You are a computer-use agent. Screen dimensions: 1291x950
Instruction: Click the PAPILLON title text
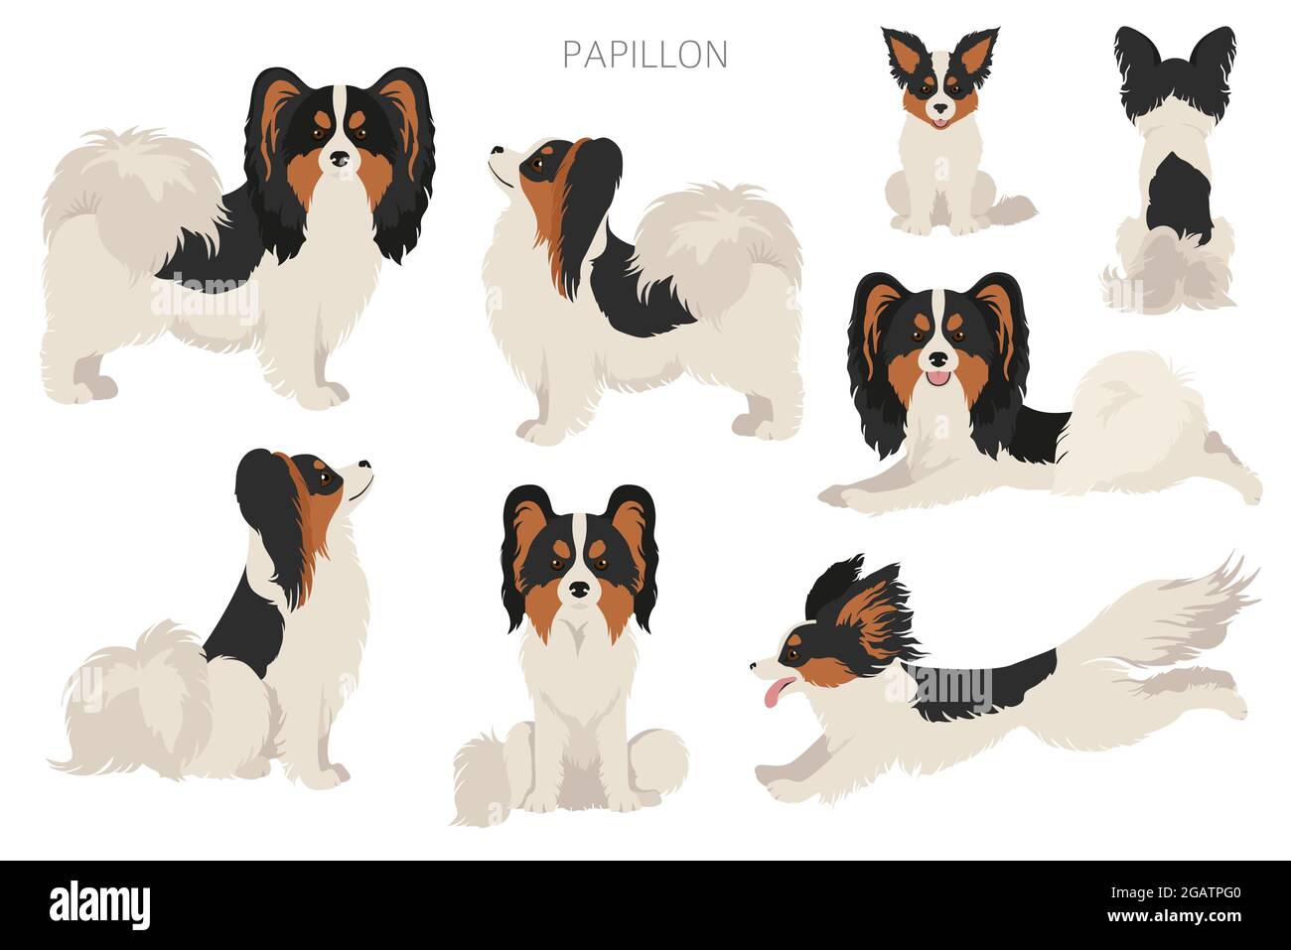click(645, 55)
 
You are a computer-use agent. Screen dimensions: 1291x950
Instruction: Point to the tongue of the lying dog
click(938, 378)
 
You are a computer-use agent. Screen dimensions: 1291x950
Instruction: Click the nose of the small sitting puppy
click(940, 108)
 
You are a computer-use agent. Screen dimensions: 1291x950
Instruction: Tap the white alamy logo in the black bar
click(99, 905)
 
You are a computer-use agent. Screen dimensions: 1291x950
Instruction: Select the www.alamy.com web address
click(1174, 916)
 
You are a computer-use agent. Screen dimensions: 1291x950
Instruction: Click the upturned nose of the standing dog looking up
click(497, 150)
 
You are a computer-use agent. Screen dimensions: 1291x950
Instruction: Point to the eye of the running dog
click(793, 654)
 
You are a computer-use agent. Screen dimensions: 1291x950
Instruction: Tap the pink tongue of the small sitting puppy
click(939, 123)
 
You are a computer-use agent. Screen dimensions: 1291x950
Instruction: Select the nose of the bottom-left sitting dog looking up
click(364, 464)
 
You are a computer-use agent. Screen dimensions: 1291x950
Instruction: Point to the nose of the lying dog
click(938, 359)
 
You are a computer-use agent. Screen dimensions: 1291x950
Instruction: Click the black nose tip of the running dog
click(754, 666)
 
